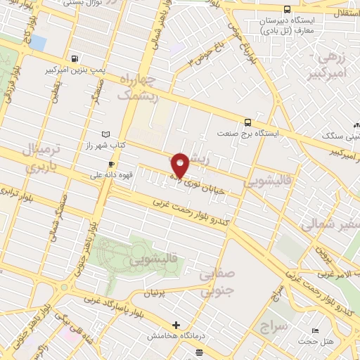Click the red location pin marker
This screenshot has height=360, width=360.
(180, 165)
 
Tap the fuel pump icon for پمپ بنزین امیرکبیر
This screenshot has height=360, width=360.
(75, 59)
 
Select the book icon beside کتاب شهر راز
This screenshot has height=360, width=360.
(106, 134)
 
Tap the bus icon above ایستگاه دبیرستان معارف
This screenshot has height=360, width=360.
(287, 9)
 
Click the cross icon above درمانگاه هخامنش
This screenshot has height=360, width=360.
(176, 325)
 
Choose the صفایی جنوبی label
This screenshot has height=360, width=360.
(216, 281)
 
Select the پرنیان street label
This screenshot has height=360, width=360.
(157, 291)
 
